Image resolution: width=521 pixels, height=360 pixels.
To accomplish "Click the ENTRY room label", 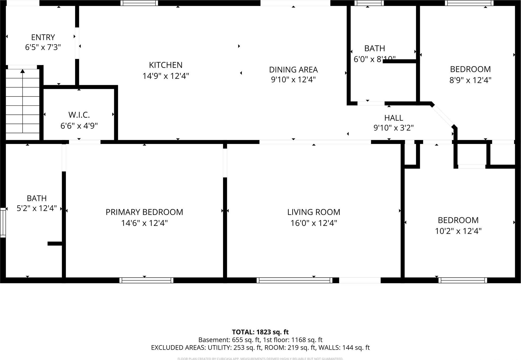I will [x=43, y=37].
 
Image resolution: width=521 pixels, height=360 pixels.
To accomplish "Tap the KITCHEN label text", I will [x=166, y=65].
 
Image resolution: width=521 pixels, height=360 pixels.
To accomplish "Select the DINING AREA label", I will [x=293, y=70].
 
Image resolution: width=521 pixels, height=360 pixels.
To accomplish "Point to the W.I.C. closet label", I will [x=79, y=115].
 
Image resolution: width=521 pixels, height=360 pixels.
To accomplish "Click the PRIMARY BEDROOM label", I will [x=144, y=212].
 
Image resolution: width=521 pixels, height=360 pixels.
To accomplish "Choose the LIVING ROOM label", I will [x=314, y=212].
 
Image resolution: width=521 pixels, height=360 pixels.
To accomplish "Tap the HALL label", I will [x=393, y=118].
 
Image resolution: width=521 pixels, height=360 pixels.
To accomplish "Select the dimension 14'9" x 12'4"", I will [x=166, y=76].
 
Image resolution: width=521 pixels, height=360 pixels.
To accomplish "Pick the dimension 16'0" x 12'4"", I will [x=314, y=223].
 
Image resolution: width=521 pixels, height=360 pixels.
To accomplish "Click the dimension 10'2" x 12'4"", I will [x=458, y=231].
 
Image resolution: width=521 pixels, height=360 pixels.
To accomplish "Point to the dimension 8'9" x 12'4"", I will [x=470, y=80].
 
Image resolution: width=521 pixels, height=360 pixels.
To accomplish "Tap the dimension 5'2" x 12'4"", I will [x=37, y=208].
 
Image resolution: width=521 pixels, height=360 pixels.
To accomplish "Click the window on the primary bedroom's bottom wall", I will [x=146, y=280].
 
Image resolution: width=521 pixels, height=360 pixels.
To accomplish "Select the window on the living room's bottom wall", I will [x=294, y=280].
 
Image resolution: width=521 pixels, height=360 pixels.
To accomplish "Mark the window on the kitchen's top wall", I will [x=139, y=3].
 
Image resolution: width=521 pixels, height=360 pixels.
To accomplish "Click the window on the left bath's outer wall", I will [x=3, y=222].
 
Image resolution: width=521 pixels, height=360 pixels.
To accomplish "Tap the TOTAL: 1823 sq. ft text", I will [x=260, y=332].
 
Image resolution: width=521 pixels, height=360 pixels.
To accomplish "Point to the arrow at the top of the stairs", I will [x=22, y=71].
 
